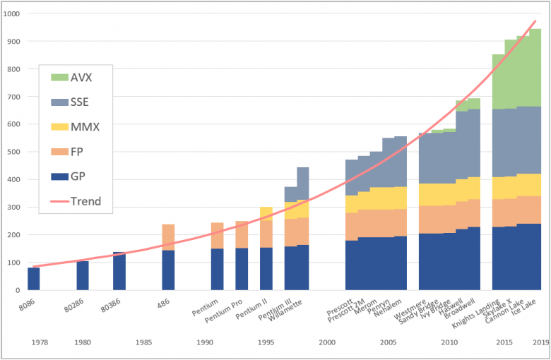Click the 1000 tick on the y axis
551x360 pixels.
point(12,14)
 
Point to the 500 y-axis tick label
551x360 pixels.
point(14,152)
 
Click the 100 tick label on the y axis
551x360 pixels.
point(14,262)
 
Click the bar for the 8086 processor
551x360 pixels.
point(34,278)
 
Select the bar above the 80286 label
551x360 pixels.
point(83,275)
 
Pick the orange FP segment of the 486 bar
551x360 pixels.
point(168,237)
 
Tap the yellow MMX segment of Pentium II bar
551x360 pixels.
point(266,214)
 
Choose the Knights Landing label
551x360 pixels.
point(481,311)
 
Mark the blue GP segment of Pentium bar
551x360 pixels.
point(217,269)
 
